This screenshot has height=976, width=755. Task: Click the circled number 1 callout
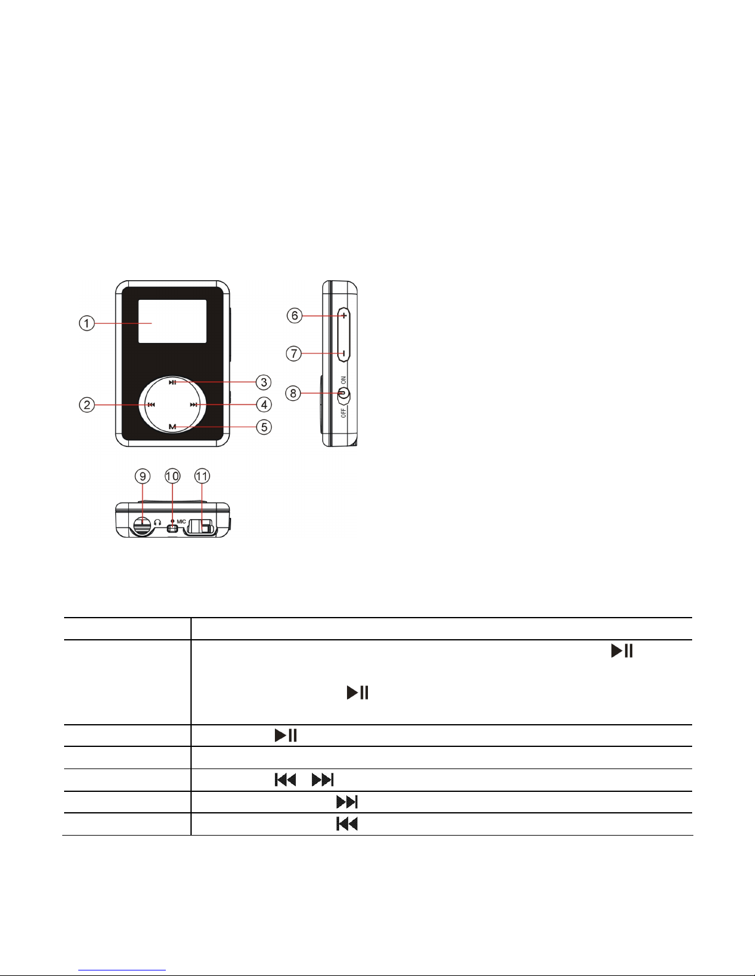pyautogui.click(x=87, y=323)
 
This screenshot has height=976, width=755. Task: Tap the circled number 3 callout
pyautogui.click(x=264, y=382)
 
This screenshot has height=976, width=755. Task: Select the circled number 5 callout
pyautogui.click(x=264, y=427)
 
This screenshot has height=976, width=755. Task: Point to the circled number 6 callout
pyautogui.click(x=295, y=315)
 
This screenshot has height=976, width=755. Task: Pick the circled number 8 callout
pyautogui.click(x=293, y=393)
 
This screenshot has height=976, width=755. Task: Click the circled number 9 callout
pyautogui.click(x=142, y=476)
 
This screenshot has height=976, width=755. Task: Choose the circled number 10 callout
pyautogui.click(x=172, y=476)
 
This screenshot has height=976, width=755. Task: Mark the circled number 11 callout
pyautogui.click(x=202, y=476)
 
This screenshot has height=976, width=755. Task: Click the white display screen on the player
pyautogui.click(x=172, y=321)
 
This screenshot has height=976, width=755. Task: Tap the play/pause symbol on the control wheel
pyautogui.click(x=172, y=382)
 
